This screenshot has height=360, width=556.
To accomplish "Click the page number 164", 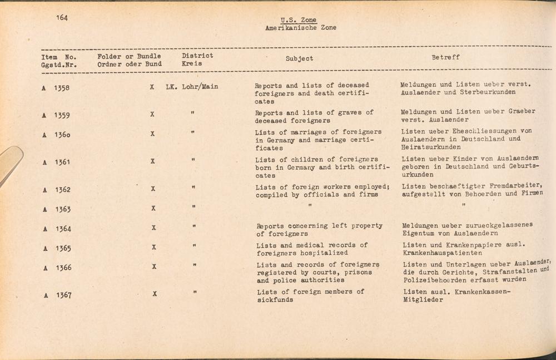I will coord(62,18).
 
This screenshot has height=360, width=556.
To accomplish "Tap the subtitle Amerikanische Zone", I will coord(301,28).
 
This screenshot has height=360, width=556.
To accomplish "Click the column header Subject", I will coord(299,58).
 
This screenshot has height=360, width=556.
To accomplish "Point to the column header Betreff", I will coord(445,57).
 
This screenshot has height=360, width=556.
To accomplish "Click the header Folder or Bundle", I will coord(129,56).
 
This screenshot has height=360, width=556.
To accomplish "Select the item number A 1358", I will coord(56,88).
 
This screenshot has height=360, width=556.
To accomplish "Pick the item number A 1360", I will coord(56,135).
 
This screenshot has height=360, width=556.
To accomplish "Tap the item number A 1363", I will coord(56,210).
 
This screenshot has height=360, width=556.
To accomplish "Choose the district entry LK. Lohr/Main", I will coord(192,87).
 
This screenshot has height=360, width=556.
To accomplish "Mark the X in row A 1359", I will coord(152,115).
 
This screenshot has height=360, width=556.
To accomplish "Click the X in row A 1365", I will coord(153,247).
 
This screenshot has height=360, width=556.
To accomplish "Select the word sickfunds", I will coord(275,299).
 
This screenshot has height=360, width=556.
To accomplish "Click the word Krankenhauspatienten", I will coord(443,253).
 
